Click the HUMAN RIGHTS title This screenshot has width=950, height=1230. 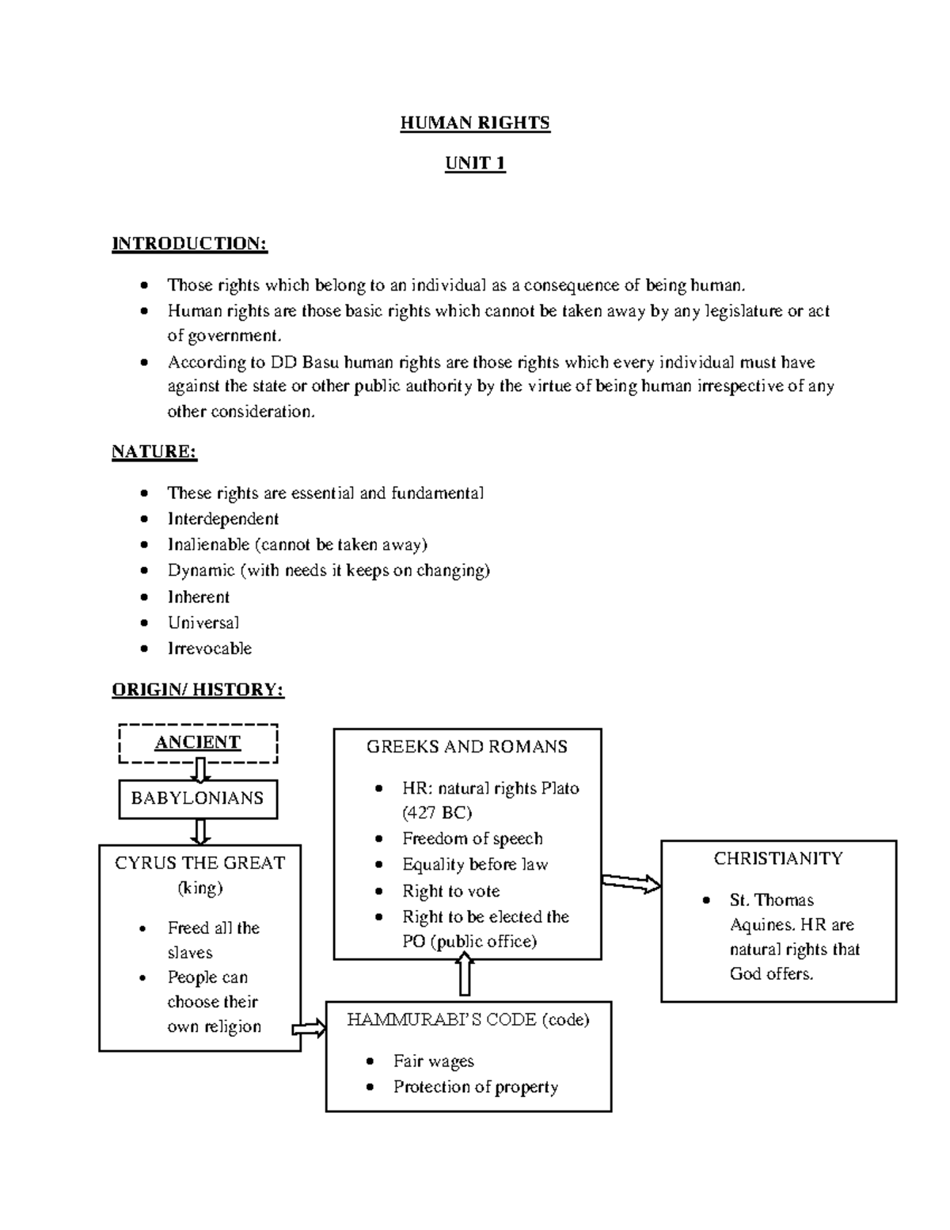[474, 123]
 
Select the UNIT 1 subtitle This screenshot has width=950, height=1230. [475, 164]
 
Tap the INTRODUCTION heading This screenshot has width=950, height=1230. [189, 243]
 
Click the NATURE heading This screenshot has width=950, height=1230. [154, 451]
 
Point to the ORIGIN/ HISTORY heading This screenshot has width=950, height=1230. [197, 690]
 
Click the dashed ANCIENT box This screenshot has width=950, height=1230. [198, 743]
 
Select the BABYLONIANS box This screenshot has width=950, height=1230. [198, 798]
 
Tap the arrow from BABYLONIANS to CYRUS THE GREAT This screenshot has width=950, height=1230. [200, 832]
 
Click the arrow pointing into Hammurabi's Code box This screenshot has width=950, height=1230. [310, 1030]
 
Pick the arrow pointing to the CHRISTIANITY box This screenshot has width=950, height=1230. [631, 883]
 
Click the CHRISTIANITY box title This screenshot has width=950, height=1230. [778, 859]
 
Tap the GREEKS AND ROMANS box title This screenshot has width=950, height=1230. [467, 747]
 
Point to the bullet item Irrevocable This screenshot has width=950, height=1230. [210, 649]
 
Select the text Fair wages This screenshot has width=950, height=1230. [434, 1061]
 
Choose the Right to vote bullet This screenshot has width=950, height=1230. [450, 891]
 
